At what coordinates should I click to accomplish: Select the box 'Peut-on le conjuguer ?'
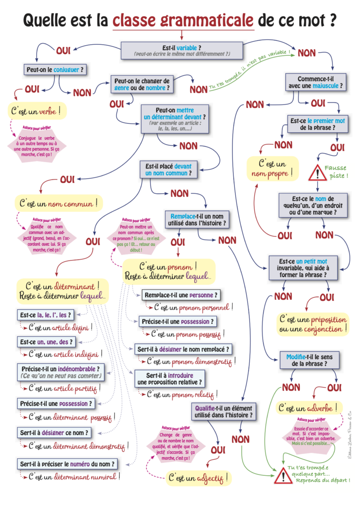(55, 70)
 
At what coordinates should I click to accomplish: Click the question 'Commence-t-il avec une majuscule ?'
(312, 83)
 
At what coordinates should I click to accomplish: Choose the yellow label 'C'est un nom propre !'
(272, 169)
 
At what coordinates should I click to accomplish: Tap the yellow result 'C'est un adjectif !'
(198, 479)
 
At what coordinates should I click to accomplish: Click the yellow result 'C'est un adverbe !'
(309, 408)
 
